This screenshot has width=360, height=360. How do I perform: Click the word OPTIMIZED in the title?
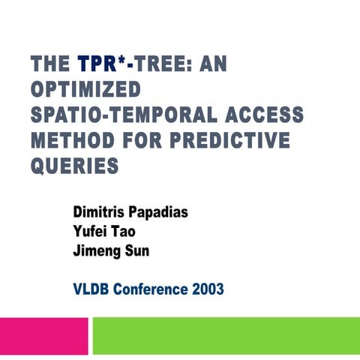tap(85, 89)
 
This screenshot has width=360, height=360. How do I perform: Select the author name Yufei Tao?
tap(103, 231)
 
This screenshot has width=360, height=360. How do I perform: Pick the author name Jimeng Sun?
tap(110, 250)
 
